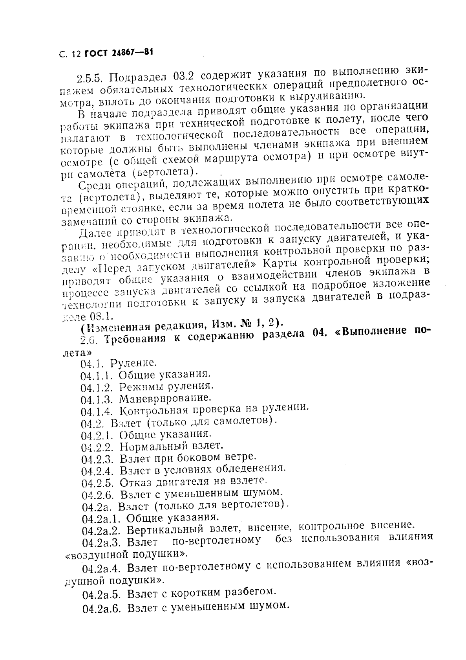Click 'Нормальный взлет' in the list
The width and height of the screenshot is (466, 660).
coord(171,446)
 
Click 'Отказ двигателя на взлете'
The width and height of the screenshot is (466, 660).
coord(193,481)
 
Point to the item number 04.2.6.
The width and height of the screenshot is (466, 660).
coord(98,494)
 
